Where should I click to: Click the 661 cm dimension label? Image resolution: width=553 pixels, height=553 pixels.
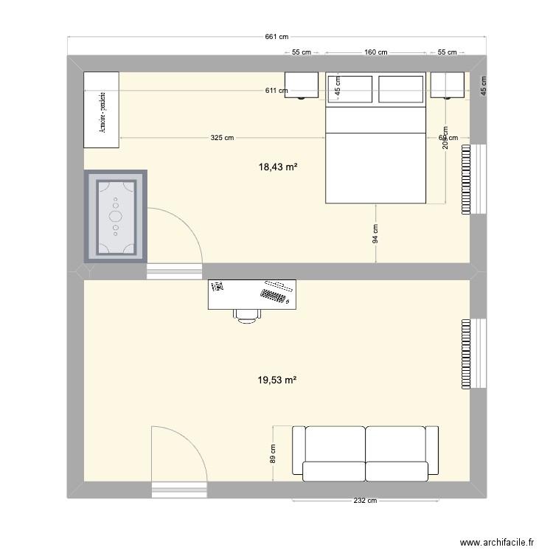276,38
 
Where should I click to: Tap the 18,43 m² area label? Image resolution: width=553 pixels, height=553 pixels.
276,168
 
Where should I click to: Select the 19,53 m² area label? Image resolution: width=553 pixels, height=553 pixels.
276,380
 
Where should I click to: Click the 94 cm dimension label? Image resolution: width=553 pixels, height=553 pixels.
375,234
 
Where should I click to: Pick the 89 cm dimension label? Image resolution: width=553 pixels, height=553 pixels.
272,453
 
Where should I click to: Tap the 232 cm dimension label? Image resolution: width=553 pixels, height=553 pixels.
365,501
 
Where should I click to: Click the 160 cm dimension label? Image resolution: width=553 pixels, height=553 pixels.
376,52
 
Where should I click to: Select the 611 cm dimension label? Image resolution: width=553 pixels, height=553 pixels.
277,91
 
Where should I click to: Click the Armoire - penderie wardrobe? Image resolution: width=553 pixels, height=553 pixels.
101,109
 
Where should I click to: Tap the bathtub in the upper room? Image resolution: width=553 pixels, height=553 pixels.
116,216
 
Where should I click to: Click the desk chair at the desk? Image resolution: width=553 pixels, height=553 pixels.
247,315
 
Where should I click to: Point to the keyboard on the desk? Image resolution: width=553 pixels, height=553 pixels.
274,296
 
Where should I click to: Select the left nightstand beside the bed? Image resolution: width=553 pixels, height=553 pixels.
302,85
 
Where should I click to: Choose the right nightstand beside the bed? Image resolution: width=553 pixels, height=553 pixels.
448,85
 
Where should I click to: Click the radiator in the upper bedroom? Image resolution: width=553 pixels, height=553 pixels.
466,179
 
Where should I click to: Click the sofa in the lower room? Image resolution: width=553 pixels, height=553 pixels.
365,453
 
